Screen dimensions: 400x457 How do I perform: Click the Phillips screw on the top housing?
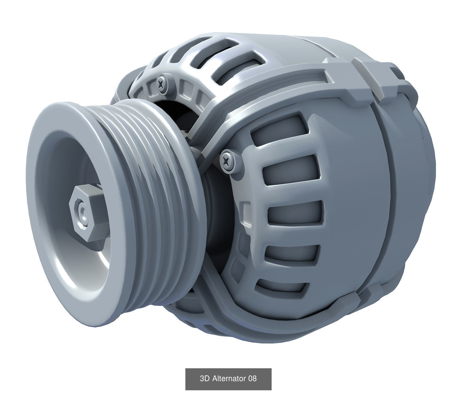pos(162,84)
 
